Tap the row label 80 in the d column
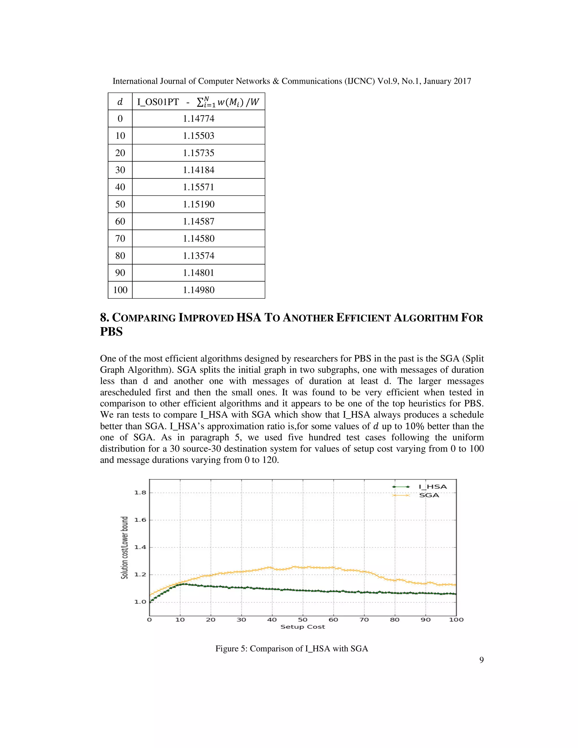[120, 255]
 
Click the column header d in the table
[120, 102]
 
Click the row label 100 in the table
[120, 290]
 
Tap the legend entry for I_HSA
[432, 487]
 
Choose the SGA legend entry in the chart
[429, 495]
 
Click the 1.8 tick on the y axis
[140, 493]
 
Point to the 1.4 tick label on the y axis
[140, 547]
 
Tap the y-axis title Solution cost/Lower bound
[125, 547]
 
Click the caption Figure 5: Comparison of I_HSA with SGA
[291, 649]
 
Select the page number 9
[481, 660]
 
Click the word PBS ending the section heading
[111, 332]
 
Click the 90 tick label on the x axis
[425, 620]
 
